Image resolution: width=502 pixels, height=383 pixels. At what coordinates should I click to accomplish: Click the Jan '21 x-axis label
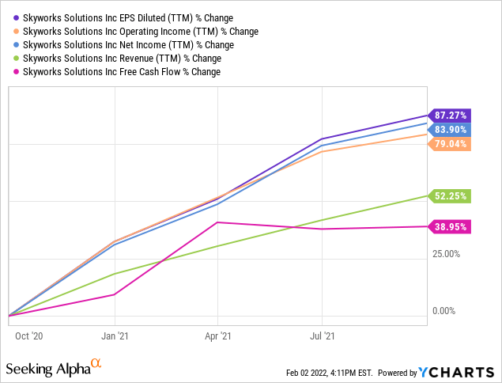(116, 335)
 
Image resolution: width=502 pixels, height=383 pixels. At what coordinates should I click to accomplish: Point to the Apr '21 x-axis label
(217, 335)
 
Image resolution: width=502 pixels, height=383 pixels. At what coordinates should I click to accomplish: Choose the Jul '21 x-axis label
(321, 335)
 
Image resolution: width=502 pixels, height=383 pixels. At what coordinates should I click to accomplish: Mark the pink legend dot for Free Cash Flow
(16, 72)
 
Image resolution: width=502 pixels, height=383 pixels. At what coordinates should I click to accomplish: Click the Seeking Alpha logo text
(54, 368)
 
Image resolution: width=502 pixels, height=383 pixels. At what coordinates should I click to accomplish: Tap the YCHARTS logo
(458, 372)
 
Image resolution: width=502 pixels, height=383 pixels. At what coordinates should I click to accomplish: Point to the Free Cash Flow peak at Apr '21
(217, 222)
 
